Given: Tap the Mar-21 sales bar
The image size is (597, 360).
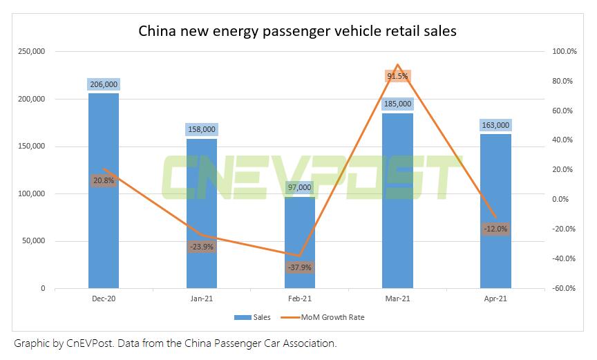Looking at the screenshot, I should [397, 207].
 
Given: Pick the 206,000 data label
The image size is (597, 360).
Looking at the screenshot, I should [104, 84].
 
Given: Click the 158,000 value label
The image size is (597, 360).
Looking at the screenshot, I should [202, 129].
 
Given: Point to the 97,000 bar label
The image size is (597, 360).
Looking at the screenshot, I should [300, 187].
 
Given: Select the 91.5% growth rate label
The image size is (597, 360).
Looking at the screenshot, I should [397, 76].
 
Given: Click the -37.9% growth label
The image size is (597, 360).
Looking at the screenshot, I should [300, 267].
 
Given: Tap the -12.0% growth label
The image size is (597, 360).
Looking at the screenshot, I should [495, 229].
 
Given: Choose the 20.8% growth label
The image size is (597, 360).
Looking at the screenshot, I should [104, 180].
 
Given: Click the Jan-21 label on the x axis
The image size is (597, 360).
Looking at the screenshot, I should [202, 299].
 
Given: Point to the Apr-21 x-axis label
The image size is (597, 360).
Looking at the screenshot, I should [495, 299].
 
